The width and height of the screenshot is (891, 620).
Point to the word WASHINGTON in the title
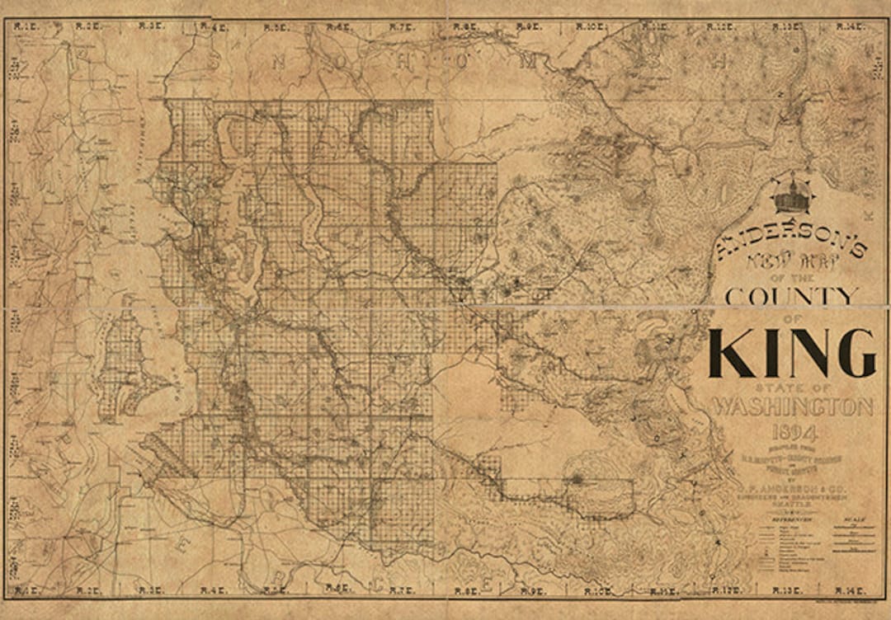tap(792, 407)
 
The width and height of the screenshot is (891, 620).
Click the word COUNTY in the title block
tap(791, 295)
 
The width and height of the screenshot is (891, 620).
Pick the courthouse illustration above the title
tap(792, 196)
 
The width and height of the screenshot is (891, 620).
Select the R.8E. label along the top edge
tap(465, 26)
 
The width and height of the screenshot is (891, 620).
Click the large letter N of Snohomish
tap(280, 60)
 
